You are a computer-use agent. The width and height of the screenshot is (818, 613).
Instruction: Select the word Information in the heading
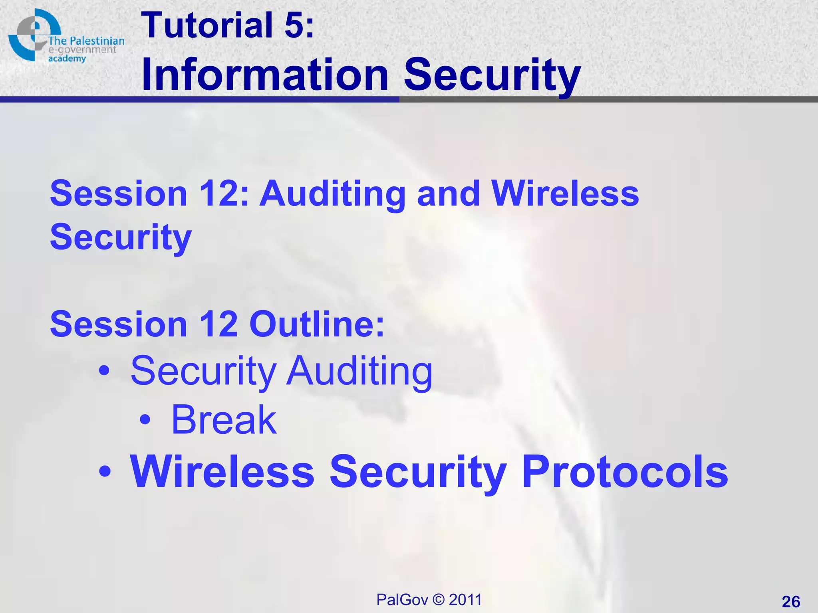(265, 75)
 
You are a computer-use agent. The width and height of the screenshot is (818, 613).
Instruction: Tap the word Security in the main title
(492, 75)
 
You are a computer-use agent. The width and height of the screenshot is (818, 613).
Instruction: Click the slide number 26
(791, 601)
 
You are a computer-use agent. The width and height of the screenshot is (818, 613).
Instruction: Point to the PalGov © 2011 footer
(429, 599)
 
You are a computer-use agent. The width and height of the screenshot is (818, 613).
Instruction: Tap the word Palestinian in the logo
(97, 41)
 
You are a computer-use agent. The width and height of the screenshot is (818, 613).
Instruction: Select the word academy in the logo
(67, 59)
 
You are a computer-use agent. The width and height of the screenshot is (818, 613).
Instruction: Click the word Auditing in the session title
(332, 194)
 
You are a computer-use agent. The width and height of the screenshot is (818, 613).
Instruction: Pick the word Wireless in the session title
(565, 194)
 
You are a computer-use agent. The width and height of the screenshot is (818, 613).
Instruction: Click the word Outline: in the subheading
(317, 324)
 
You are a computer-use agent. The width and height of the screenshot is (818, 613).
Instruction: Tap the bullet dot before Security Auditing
(104, 371)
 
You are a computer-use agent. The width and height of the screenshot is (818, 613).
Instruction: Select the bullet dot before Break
(145, 420)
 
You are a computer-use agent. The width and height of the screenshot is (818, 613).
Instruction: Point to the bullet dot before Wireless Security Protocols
(105, 471)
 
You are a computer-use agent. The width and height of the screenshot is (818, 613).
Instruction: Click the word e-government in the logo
(82, 50)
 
